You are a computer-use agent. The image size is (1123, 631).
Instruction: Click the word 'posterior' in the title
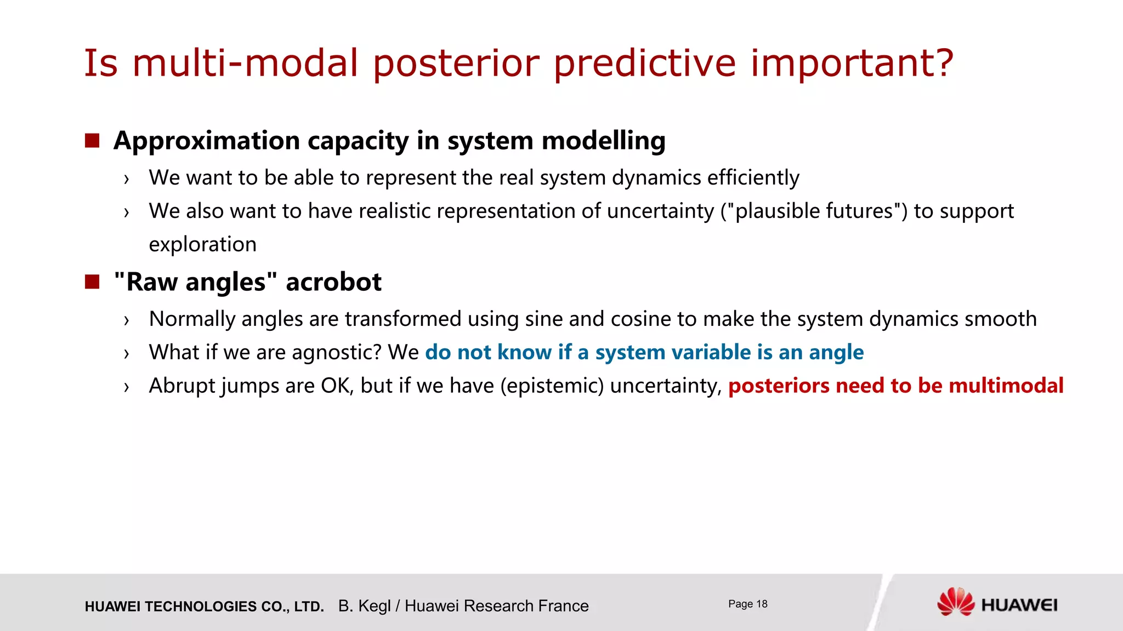(x=456, y=64)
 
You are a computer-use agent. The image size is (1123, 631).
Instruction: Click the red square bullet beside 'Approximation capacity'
(x=92, y=141)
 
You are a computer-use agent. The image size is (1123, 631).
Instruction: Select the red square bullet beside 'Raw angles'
(x=92, y=282)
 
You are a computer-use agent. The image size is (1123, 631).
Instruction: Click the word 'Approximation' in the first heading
(x=207, y=141)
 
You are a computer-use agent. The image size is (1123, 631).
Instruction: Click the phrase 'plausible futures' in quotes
(x=814, y=211)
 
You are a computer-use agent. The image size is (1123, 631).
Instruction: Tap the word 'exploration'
(x=202, y=244)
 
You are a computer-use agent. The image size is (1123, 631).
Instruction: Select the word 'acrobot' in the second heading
(x=333, y=282)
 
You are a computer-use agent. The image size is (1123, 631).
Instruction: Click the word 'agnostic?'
(x=336, y=352)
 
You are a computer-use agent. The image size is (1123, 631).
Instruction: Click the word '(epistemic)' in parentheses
(x=552, y=386)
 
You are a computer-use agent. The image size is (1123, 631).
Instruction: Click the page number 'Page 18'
(x=747, y=604)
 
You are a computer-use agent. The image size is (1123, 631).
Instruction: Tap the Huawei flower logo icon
(x=955, y=602)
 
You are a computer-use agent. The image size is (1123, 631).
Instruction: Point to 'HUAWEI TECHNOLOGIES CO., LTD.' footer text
(x=204, y=606)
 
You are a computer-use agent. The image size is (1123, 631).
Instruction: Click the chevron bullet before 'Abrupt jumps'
(x=127, y=387)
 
